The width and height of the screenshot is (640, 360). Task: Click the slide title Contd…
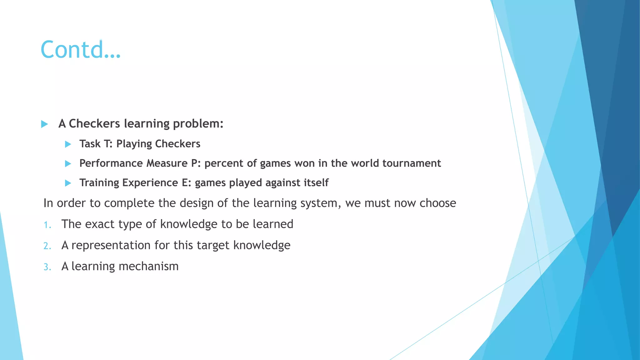(80, 50)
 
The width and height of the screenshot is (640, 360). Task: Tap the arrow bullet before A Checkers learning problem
(44, 124)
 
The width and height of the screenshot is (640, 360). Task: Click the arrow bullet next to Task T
(68, 144)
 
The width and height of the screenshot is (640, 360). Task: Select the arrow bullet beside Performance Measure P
(68, 163)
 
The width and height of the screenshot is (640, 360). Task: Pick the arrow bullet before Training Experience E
(68, 183)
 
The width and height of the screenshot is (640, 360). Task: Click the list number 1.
(47, 225)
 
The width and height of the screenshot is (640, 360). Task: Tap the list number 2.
(47, 246)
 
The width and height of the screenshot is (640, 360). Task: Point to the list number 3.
(47, 267)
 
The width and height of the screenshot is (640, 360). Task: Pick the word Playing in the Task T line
(134, 144)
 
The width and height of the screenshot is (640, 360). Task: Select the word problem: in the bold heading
(198, 124)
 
